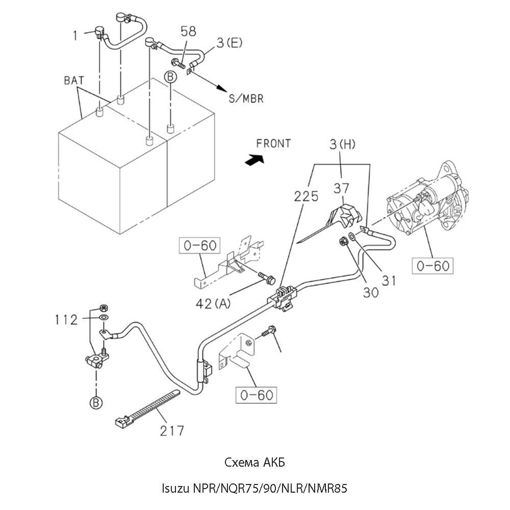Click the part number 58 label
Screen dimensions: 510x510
click(x=188, y=32)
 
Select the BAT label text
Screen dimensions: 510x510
click(x=74, y=80)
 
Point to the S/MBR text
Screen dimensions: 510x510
click(x=246, y=99)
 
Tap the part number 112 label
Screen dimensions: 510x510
click(x=66, y=320)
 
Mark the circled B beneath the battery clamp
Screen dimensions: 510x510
click(x=96, y=402)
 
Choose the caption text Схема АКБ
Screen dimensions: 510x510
click(x=254, y=463)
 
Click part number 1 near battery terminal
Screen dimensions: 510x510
click(x=75, y=35)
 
